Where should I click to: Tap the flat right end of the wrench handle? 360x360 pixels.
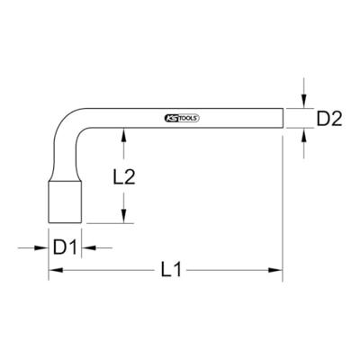tap(283, 118)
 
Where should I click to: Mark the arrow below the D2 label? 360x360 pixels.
tap(305, 138)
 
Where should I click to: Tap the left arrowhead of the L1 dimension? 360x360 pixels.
tap(53, 270)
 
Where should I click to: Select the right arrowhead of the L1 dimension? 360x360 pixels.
tap(279, 270)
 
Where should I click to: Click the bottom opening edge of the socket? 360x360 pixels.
tap(62, 221)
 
